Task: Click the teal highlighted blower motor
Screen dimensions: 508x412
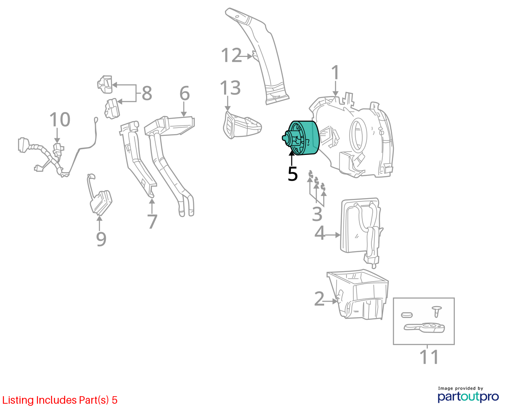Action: [x=301, y=138]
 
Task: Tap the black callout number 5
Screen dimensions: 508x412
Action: [x=293, y=174]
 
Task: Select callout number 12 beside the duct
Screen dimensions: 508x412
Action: [x=231, y=55]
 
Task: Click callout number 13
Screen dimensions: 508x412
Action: [x=230, y=88]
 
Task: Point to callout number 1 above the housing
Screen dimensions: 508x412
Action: [x=335, y=72]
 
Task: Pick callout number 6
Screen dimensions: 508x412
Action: [x=184, y=93]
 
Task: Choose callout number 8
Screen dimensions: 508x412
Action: [x=147, y=93]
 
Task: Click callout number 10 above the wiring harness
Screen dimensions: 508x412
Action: [x=60, y=119]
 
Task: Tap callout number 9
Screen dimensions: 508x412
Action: [x=101, y=239]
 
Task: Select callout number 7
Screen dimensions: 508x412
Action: [x=152, y=221]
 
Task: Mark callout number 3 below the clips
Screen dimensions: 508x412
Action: [x=317, y=214]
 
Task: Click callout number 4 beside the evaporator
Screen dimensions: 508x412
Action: [x=320, y=233]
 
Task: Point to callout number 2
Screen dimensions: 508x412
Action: [x=319, y=299]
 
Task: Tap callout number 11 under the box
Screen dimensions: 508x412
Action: [x=429, y=357]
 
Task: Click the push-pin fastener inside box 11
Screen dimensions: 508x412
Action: [x=437, y=311]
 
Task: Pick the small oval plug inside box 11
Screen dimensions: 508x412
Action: [x=407, y=315]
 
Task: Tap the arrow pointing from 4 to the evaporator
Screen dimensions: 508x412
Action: [x=332, y=235]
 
